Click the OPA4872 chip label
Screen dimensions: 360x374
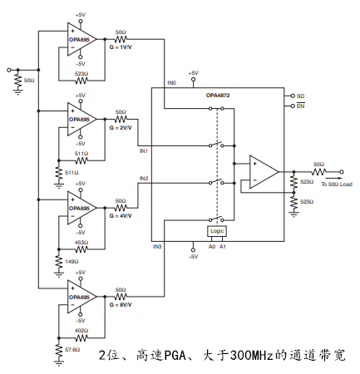click(x=218, y=96)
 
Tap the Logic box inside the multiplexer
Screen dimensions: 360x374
click(x=217, y=231)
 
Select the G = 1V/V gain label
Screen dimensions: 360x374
click(x=121, y=47)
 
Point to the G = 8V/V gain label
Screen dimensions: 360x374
click(x=121, y=305)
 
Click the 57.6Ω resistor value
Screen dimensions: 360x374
click(x=72, y=350)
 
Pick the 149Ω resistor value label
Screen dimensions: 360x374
click(x=72, y=262)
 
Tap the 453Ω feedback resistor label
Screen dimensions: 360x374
click(x=81, y=243)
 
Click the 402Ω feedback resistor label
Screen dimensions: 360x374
click(x=81, y=331)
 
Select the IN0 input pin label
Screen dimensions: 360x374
click(x=172, y=83)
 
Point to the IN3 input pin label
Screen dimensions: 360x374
click(x=157, y=246)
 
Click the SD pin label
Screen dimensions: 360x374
click(x=300, y=96)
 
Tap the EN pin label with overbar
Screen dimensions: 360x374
click(x=301, y=106)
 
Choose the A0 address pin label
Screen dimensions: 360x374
click(x=212, y=246)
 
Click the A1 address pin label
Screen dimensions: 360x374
click(x=223, y=246)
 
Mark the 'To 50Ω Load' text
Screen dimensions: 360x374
click(x=337, y=185)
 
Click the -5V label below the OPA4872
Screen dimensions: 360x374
click(x=193, y=257)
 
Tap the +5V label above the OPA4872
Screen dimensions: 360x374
click(x=193, y=73)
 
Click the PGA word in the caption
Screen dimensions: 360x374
click(x=175, y=356)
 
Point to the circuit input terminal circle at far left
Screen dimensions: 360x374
click(x=9, y=70)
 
